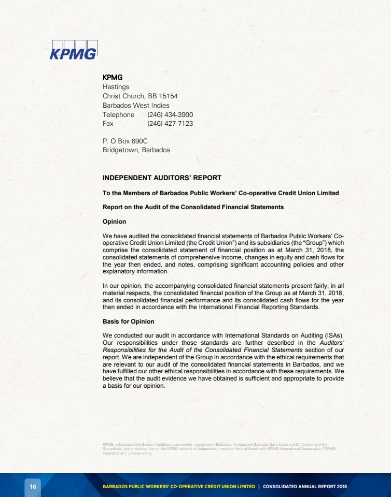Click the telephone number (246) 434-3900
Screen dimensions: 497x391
coord(170,114)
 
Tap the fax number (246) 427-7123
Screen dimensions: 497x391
coord(170,124)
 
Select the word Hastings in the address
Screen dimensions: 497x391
coord(116,86)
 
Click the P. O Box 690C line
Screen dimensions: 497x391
coord(125,141)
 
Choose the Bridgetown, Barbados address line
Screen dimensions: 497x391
coord(136,150)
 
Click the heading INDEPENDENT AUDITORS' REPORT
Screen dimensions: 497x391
coord(162,178)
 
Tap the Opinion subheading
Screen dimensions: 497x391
coord(114,222)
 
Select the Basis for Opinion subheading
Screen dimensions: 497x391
coord(128,321)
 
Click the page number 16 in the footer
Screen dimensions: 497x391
coord(33,487)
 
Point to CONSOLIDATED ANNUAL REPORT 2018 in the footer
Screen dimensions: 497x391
coord(305,487)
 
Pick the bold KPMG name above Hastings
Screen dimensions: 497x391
coord(113,78)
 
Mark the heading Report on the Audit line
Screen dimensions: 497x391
coord(193,207)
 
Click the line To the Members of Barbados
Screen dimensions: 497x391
coord(220,193)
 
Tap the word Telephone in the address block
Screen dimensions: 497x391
coord(118,114)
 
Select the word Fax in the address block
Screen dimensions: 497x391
coord(108,124)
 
